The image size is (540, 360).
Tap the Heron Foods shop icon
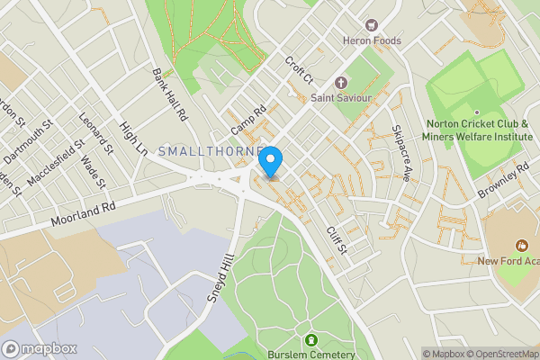[x=370, y=24]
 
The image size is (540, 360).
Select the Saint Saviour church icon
[x=340, y=81]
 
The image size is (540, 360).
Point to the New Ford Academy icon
[x=519, y=245]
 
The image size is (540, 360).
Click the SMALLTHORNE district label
[x=211, y=151]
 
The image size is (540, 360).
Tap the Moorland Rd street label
[x=85, y=213]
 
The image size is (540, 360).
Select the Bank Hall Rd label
[x=168, y=95]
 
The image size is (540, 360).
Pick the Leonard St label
[x=93, y=130]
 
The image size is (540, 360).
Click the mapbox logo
[x=39, y=348]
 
